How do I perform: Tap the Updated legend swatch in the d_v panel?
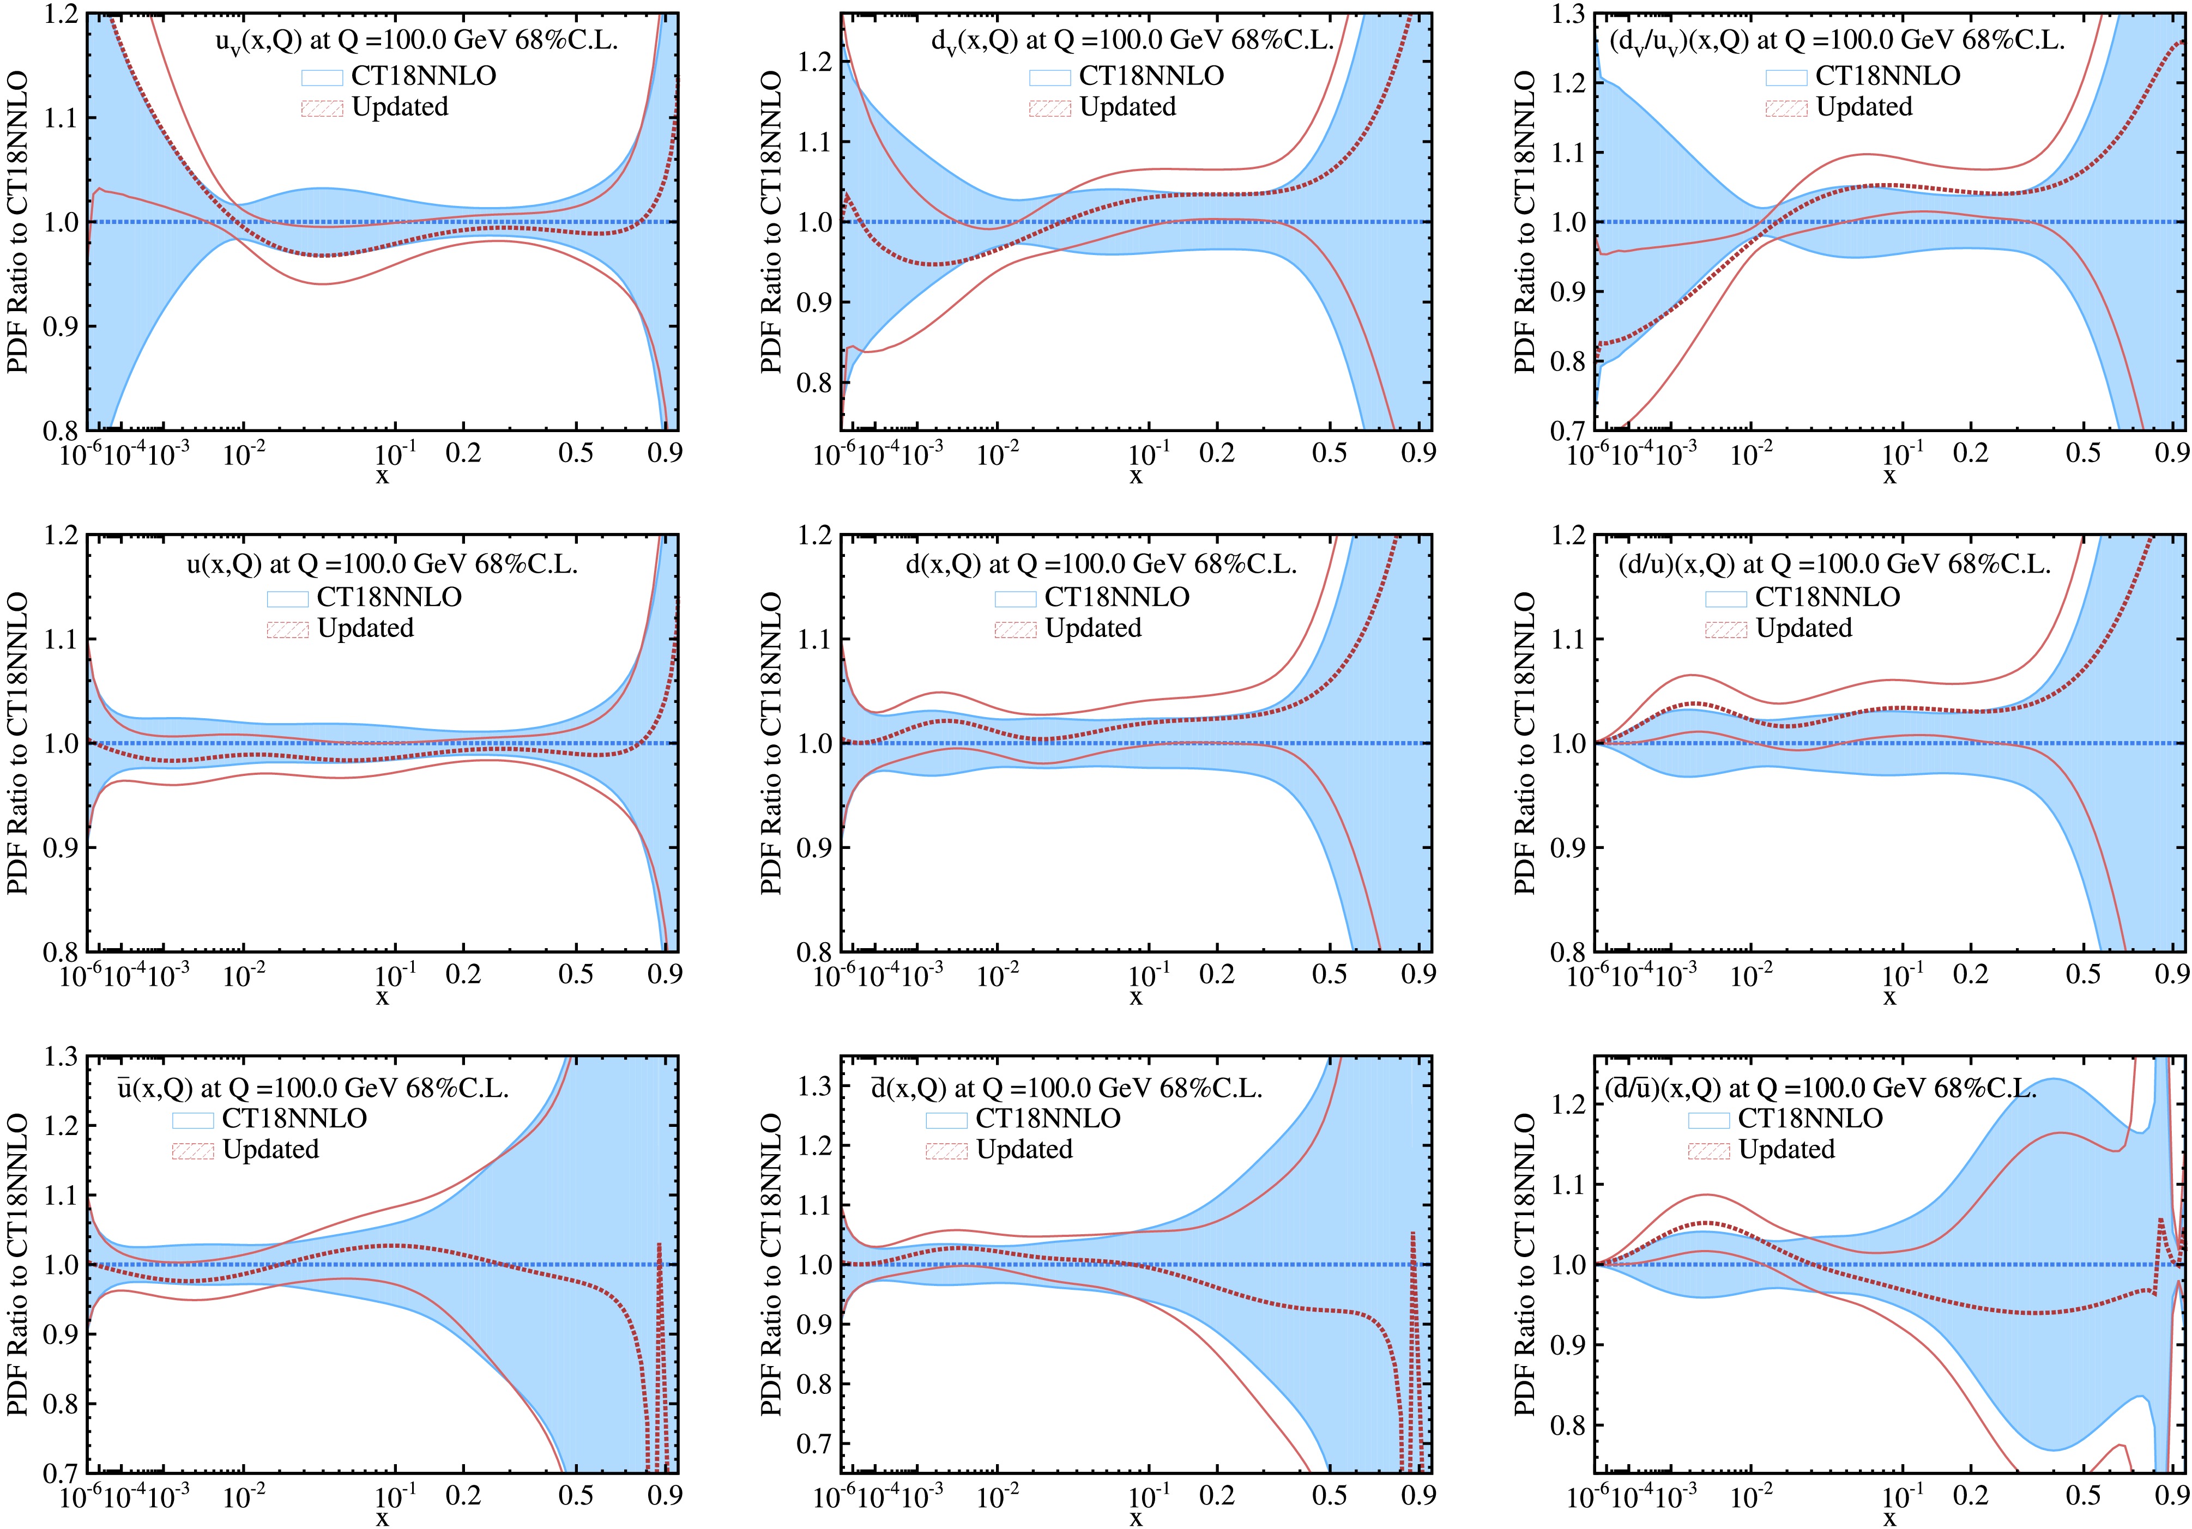[1049, 108]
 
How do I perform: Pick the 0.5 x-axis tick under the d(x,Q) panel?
[1329, 974]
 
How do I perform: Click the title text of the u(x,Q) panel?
[382, 564]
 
